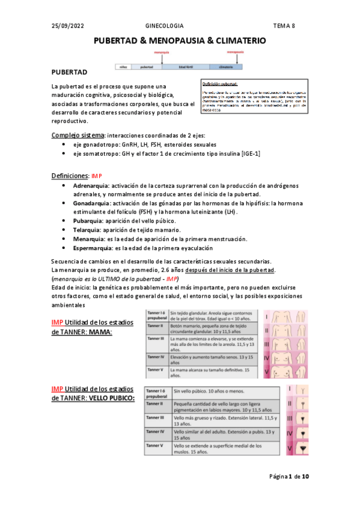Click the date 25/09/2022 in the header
tap(67, 26)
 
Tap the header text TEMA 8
tap(285, 26)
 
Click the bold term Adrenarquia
tap(91, 186)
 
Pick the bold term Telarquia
tap(87, 230)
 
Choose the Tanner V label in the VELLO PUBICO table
tap(154, 446)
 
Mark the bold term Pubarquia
tap(88, 221)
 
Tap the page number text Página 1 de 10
tap(288, 477)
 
